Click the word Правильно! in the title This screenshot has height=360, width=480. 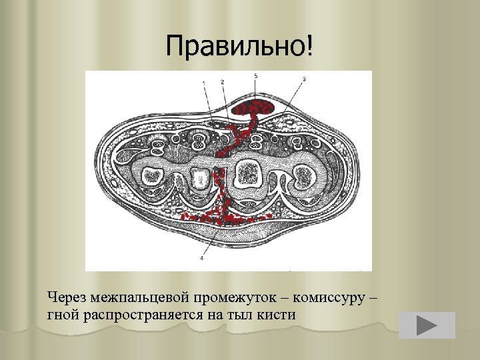click(239, 46)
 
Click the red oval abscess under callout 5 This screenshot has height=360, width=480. click(255, 107)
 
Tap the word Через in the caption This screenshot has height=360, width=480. click(69, 296)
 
